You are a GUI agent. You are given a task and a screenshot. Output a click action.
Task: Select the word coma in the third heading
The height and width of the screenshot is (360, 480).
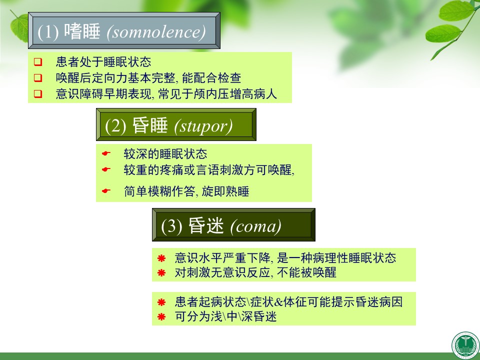click(x=256, y=226)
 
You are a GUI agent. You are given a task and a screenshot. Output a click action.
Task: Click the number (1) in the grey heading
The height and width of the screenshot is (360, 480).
click(x=48, y=32)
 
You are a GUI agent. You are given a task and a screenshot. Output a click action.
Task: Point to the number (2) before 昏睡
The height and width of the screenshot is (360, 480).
click(x=115, y=126)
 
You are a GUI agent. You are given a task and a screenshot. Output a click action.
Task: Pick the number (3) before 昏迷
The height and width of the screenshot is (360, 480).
click(x=171, y=226)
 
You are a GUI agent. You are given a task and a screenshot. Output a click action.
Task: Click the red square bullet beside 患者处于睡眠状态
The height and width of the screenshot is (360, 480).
click(x=38, y=62)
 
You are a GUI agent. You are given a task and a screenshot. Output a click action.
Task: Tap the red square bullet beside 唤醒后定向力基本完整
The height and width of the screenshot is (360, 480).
click(x=38, y=78)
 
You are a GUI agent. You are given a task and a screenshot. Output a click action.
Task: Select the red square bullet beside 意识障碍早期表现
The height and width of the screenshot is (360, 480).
click(x=38, y=93)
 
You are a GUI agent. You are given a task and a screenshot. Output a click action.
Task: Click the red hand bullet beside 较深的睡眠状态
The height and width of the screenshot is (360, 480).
click(x=106, y=153)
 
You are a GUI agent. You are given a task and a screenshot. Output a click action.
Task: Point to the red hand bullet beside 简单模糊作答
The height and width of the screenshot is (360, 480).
click(x=106, y=191)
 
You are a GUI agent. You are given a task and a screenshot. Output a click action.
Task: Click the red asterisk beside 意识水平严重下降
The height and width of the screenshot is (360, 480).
click(x=161, y=258)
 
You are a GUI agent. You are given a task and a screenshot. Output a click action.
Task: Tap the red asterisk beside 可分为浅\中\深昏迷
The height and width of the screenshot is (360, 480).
click(x=161, y=316)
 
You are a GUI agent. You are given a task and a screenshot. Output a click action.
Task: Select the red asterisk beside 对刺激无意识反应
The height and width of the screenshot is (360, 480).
click(x=161, y=272)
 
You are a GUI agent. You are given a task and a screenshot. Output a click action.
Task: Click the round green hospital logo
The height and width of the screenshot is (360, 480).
click(x=465, y=345)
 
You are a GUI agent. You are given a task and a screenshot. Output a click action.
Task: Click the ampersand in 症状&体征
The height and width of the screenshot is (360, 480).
click(x=278, y=302)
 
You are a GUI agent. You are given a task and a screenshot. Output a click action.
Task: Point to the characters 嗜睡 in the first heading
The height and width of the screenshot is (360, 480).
click(x=82, y=31)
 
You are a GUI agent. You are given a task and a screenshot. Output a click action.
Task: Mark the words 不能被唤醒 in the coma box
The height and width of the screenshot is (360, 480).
click(x=306, y=272)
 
